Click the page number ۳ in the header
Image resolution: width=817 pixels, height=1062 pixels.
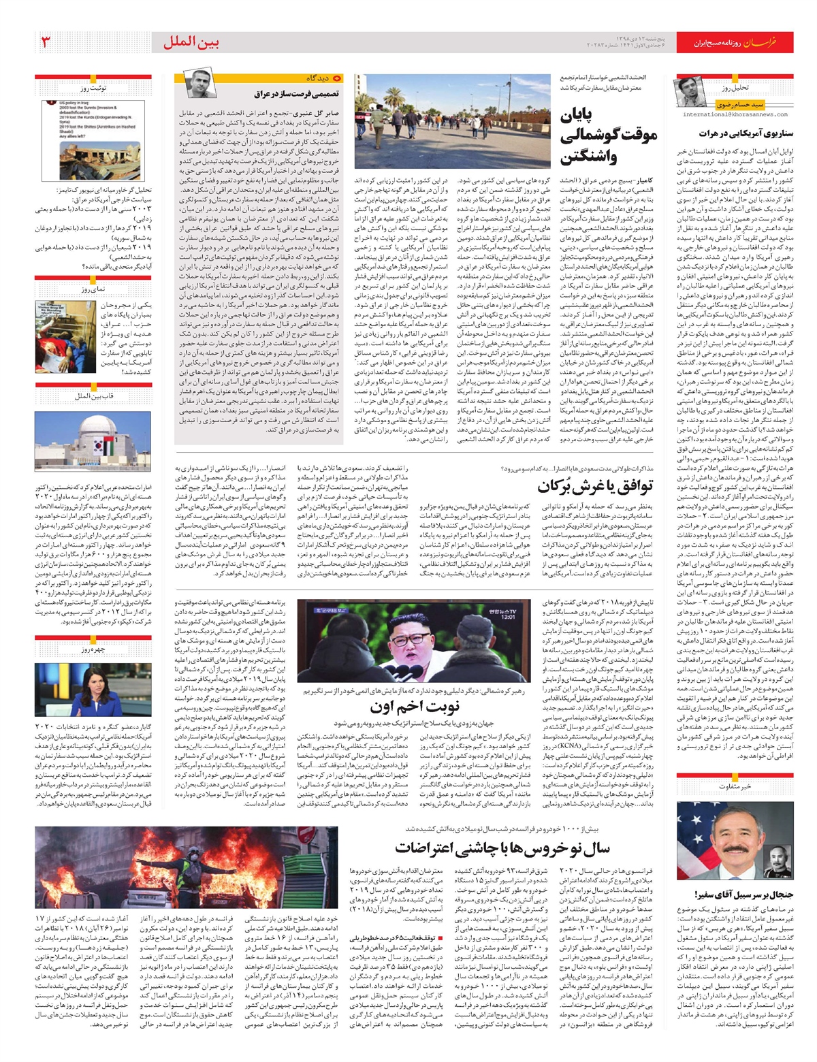click(47, 42)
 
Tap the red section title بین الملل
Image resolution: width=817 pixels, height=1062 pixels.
click(191, 42)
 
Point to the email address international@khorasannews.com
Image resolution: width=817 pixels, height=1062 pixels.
click(734, 114)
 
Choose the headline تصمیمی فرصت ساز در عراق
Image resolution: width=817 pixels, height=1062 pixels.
click(297, 94)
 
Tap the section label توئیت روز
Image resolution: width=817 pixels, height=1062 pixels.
click(93, 88)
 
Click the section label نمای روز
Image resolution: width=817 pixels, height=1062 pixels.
click(93, 289)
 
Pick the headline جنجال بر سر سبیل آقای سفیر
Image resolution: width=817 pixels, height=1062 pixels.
click(743, 894)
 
